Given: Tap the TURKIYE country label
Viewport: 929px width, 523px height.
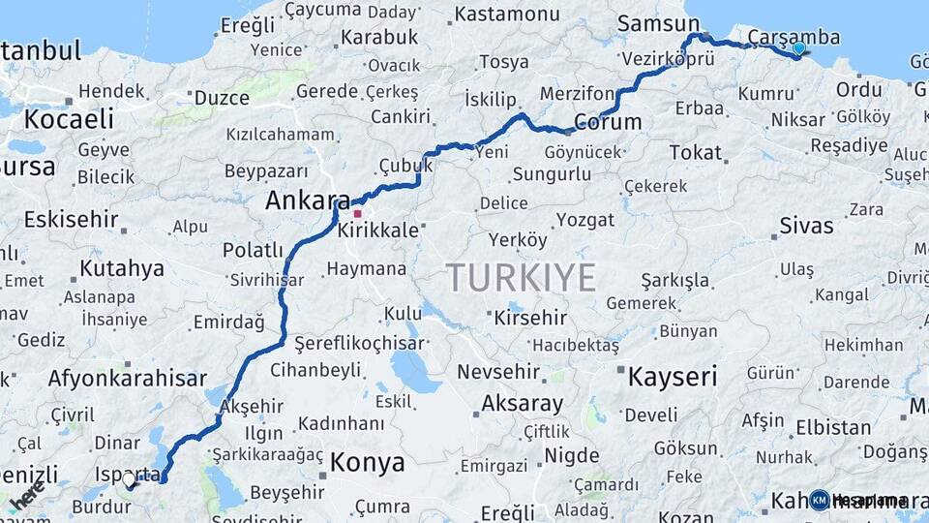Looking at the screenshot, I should [x=521, y=279].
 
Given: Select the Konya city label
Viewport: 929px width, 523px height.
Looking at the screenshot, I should [x=367, y=463].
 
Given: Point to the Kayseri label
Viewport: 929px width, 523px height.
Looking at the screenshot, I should [x=673, y=377].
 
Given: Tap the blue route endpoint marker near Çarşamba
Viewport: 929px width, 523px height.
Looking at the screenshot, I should [x=798, y=47].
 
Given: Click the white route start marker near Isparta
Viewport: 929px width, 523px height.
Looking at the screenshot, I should [x=129, y=478].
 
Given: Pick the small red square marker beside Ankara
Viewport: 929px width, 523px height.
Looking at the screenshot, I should [x=358, y=214].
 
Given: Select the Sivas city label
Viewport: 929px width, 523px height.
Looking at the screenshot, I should [x=806, y=227].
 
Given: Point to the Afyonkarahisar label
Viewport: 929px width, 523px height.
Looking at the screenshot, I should [x=127, y=379].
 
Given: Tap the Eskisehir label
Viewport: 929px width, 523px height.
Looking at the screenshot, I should [x=70, y=219].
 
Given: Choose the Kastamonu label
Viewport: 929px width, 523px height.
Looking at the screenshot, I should [x=507, y=15].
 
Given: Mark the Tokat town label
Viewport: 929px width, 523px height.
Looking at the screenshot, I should [x=695, y=152].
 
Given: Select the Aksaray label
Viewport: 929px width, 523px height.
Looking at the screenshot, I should [x=522, y=403].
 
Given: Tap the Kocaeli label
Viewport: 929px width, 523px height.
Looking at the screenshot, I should [x=69, y=119].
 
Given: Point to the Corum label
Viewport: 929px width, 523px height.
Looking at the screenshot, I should [x=609, y=122].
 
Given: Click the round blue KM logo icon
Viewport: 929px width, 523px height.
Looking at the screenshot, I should [x=820, y=500].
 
